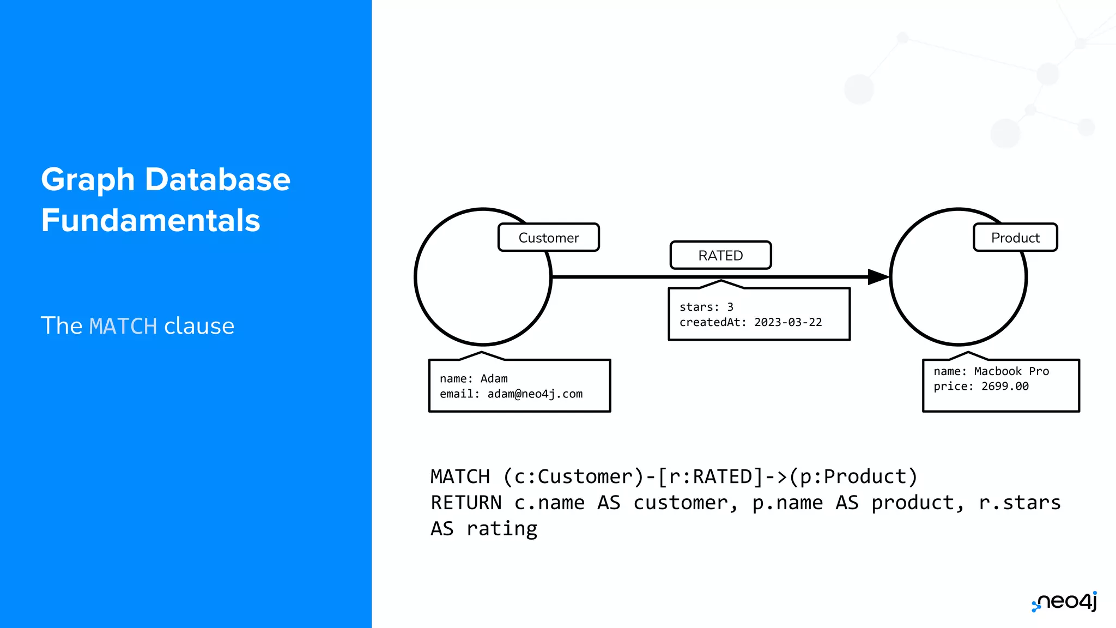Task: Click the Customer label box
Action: tap(548, 238)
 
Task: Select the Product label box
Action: tap(1015, 238)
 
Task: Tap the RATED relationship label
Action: tap(720, 255)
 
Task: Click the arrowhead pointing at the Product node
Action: tap(878, 277)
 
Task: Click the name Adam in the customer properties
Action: tap(494, 378)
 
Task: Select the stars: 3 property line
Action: tap(706, 307)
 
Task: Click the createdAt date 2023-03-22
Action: tap(787, 322)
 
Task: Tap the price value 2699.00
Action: tap(1005, 386)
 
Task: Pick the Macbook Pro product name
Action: tap(1011, 371)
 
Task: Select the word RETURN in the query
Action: tap(466, 503)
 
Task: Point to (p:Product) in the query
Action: tap(853, 476)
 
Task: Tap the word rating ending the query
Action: tap(502, 529)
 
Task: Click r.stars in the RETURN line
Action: tap(1019, 503)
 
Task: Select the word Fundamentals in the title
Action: tap(150, 220)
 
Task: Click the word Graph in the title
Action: tap(88, 179)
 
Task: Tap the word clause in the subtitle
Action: tap(199, 326)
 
